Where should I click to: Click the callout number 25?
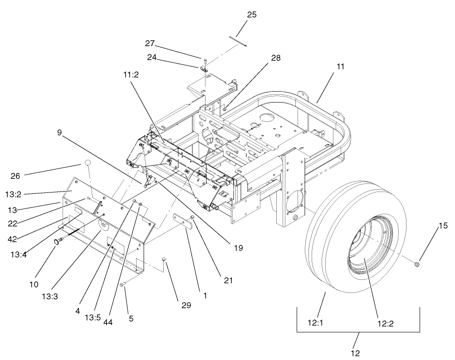pyautogui.click(x=251, y=14)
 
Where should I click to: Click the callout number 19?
pyautogui.click(x=238, y=248)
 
